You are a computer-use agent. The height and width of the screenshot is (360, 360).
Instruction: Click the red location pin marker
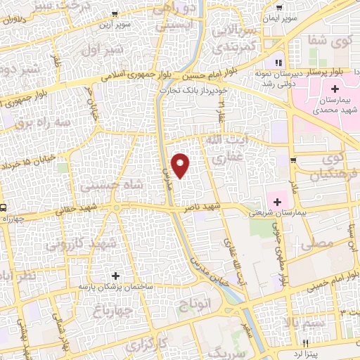pyautogui.click(x=181, y=165)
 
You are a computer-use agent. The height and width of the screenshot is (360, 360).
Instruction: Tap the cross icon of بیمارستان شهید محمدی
pyautogui.click(x=335, y=89)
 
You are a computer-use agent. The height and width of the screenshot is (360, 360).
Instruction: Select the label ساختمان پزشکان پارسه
pyautogui.click(x=116, y=286)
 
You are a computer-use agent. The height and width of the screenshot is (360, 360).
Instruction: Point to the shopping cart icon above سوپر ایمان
pyautogui.click(x=274, y=6)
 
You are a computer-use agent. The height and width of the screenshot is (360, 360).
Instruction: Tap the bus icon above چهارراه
pyautogui.click(x=4, y=208)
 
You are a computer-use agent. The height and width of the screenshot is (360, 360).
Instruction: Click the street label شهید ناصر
pyautogui.click(x=203, y=208)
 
